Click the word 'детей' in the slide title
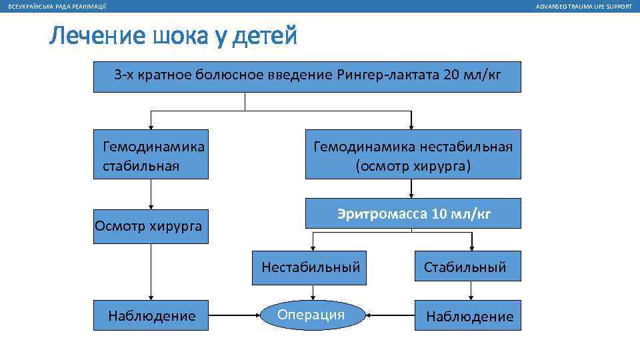tap(267, 37)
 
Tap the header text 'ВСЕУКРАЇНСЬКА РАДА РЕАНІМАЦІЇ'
tap(56, 6)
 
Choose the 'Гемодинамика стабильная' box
tap(151, 155)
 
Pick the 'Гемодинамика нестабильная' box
tap(413, 155)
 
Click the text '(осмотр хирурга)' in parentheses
tap(413, 165)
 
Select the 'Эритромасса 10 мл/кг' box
tap(413, 214)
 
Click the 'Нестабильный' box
tap(311, 267)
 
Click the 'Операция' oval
tap(311, 315)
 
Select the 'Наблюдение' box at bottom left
tap(152, 315)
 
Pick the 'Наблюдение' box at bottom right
tap(469, 316)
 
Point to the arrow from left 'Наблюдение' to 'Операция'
tap(233, 315)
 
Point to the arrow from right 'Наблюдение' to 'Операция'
tap(391, 315)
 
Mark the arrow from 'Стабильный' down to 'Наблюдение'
tap(471, 291)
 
